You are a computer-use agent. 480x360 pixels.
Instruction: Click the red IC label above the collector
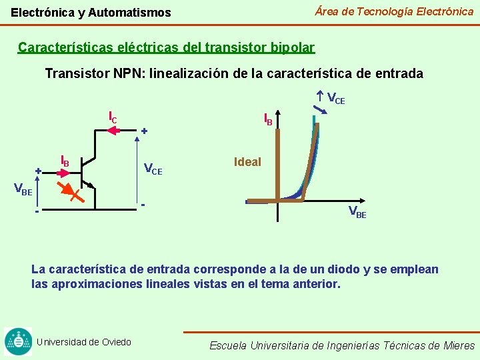point(113,117)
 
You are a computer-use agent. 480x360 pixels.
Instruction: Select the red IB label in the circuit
point(65,161)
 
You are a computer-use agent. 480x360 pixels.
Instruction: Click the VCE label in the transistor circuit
point(153,169)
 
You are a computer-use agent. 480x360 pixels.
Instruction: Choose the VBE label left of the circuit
point(23,190)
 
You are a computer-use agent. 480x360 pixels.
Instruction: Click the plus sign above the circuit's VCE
point(144,132)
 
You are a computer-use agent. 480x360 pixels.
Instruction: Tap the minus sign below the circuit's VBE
point(37,212)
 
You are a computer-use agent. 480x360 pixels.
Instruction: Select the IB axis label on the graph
point(268,119)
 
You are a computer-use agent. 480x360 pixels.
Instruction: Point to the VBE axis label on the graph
point(358,213)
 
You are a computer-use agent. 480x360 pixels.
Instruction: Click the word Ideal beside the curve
point(247,162)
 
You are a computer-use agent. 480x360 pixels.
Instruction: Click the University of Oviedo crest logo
point(18,341)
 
